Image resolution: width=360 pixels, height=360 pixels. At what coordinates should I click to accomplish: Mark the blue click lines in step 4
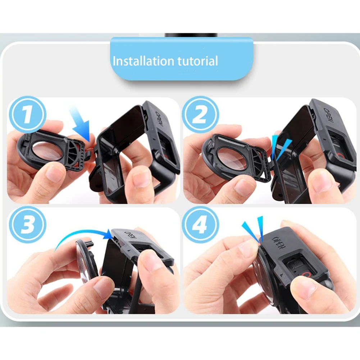click(x=254, y=228)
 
